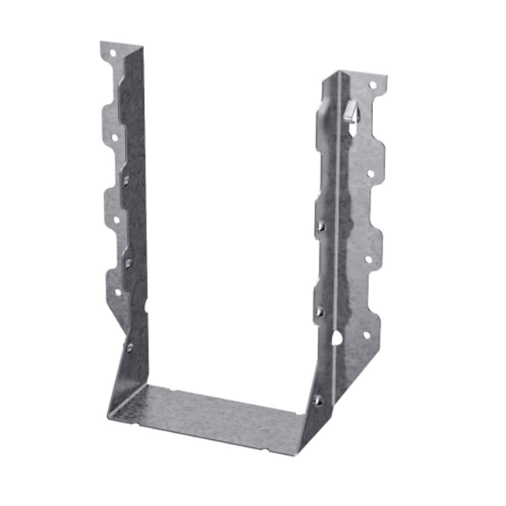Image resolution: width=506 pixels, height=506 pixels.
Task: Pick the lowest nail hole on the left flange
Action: (x=118, y=292)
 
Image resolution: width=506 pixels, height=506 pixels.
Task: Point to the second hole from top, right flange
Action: (x=369, y=173)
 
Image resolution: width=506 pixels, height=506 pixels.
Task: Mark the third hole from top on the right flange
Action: (x=367, y=253)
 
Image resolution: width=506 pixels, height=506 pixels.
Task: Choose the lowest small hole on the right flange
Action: (x=365, y=334)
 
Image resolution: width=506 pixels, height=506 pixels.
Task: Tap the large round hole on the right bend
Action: (x=337, y=339)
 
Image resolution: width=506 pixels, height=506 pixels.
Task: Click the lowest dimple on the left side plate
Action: (x=129, y=346)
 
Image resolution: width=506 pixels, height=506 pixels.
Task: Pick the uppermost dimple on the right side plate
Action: (x=321, y=227)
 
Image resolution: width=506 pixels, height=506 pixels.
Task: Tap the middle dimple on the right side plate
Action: (x=319, y=312)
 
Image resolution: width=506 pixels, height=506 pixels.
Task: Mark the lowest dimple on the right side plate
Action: (x=317, y=401)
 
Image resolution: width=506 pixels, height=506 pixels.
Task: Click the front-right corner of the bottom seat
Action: (x=298, y=452)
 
